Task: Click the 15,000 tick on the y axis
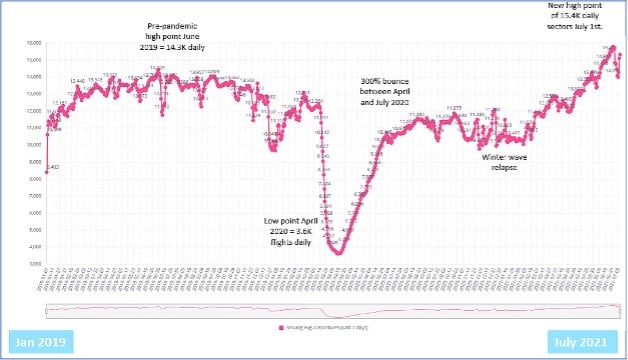point(32,60)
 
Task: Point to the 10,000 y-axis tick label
point(32,145)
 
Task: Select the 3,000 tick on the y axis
point(33,264)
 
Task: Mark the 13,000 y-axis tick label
point(32,94)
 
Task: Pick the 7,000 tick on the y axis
point(33,196)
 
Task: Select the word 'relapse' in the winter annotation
point(504,167)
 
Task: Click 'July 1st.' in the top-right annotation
point(599,27)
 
